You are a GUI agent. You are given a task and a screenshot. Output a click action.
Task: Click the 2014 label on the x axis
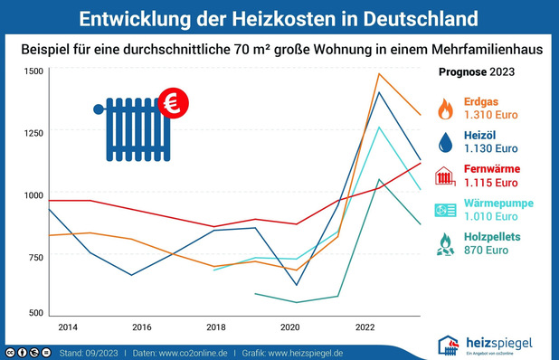click(x=67, y=326)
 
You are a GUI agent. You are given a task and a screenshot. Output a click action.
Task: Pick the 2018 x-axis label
click(x=215, y=326)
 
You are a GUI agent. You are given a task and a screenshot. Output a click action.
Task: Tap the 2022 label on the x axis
click(x=365, y=326)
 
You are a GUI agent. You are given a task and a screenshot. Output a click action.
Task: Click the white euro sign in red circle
click(x=168, y=104)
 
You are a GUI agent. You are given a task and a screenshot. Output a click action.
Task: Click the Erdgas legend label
click(x=482, y=101)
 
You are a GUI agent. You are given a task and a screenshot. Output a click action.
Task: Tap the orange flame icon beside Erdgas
click(x=446, y=109)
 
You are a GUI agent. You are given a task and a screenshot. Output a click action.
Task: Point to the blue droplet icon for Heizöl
click(x=446, y=142)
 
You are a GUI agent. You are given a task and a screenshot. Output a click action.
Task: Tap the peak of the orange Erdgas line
click(x=380, y=73)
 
